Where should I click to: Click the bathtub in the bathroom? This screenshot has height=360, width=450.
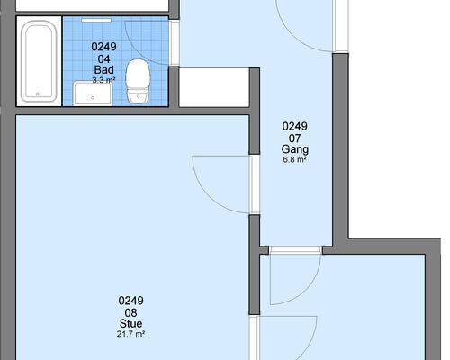pos(39,61)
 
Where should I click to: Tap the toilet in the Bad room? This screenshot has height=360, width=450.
pos(138,81)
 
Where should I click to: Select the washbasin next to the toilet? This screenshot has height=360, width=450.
pos(93,94)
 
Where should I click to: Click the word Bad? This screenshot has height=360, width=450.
pos(104,70)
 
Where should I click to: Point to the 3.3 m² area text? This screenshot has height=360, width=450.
pos(103,80)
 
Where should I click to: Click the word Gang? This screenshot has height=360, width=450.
pos(295,149)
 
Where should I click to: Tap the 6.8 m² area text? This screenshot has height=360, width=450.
pos(294,159)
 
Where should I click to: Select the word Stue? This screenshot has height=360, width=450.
pos(130,323)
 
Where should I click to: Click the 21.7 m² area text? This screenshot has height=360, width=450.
pos(130,334)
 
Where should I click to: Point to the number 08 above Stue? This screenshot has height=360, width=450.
pos(130,312)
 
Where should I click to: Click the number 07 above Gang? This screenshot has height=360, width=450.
pos(295,139)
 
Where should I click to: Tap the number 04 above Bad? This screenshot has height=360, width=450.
pos(103,58)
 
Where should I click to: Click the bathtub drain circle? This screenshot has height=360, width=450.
pos(38,94)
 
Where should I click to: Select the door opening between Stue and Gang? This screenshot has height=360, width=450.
pos(255,184)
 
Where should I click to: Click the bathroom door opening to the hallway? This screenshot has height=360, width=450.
pos(175,43)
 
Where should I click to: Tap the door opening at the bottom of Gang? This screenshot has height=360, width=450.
pos(296,250)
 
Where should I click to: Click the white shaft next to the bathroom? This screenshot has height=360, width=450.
pos(214,87)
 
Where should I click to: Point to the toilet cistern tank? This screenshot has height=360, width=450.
pos(138,97)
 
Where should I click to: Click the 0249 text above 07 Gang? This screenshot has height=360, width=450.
pos(295,126)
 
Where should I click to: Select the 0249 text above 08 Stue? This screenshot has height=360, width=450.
pos(130,301)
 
